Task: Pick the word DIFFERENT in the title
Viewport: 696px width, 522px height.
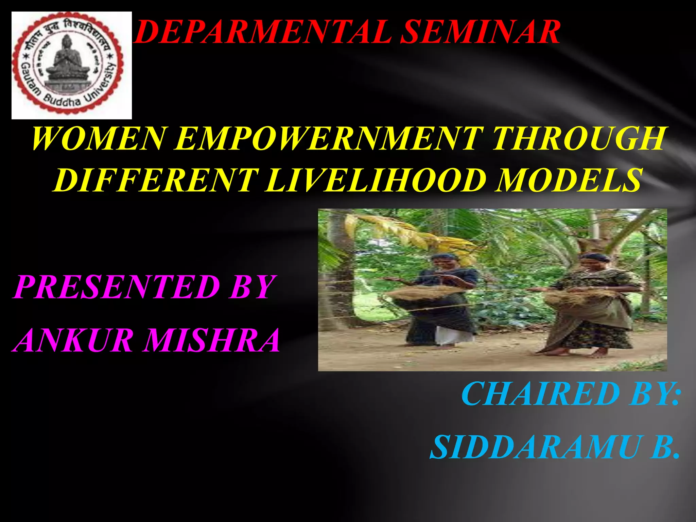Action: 154,180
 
